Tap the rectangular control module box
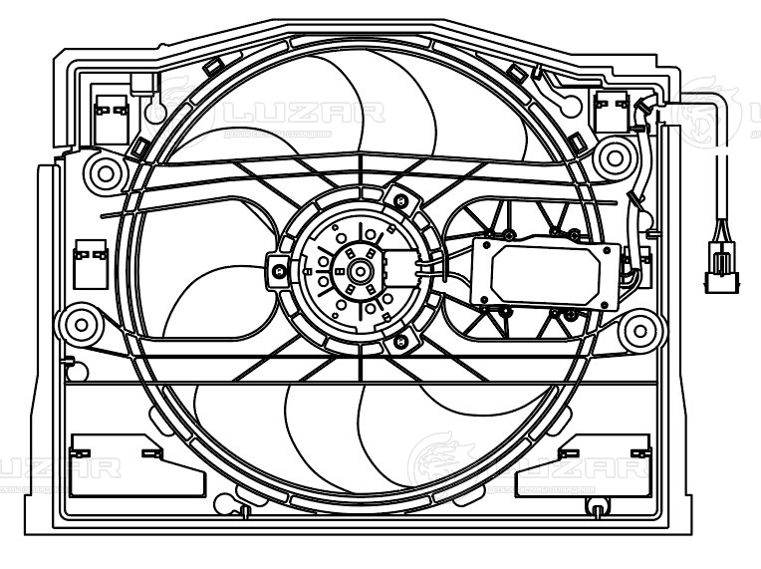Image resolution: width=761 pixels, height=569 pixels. tap(548, 269)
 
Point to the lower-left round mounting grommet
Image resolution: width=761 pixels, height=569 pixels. tap(78, 323)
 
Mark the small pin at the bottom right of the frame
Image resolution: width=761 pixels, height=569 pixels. tap(595, 508)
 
